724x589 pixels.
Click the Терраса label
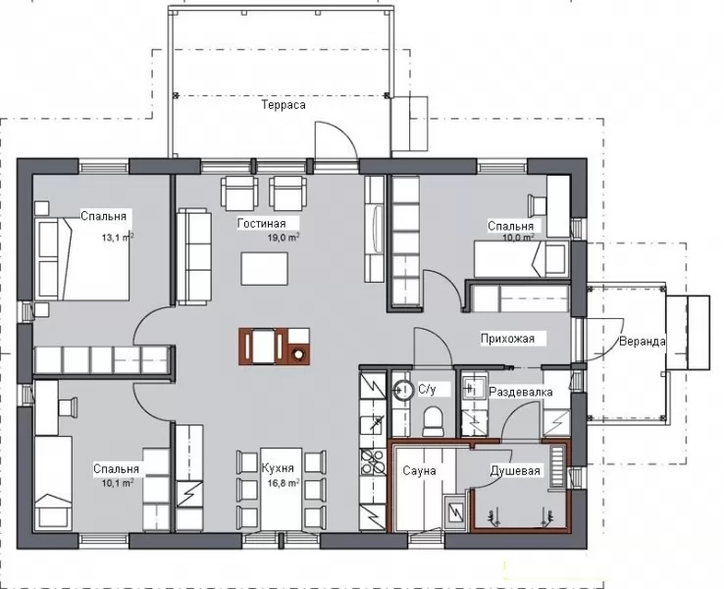(x=284, y=105)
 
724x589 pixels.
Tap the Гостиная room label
(x=262, y=224)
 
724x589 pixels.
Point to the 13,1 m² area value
(x=118, y=238)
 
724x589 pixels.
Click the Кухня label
(x=278, y=468)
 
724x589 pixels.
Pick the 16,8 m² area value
(x=284, y=483)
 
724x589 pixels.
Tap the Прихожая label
(x=507, y=339)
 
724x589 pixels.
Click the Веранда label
(x=643, y=342)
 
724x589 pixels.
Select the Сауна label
(x=419, y=471)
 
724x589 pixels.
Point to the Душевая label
(x=515, y=471)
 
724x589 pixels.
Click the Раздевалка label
(x=521, y=393)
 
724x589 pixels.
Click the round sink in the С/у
(x=403, y=391)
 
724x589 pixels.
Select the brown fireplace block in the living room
(x=275, y=346)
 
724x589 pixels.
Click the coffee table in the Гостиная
(x=264, y=269)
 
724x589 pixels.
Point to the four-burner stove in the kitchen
(x=373, y=461)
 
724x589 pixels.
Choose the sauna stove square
(x=456, y=511)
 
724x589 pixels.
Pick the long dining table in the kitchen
(x=282, y=489)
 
